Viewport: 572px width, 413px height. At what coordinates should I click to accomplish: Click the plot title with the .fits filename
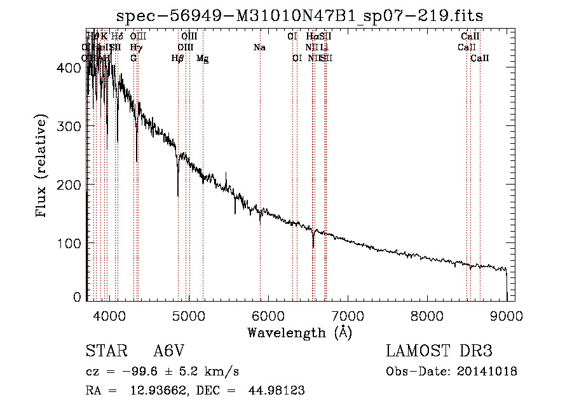point(304,16)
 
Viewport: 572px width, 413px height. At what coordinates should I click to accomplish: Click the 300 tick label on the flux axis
point(72,126)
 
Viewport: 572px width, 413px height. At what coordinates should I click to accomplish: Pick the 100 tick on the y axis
point(72,244)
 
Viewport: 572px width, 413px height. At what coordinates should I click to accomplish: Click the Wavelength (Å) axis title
point(299,332)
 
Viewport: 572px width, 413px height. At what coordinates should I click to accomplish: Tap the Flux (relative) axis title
point(43,166)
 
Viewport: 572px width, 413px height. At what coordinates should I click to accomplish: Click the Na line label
point(259,47)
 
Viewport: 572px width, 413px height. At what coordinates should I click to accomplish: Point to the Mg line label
point(202,59)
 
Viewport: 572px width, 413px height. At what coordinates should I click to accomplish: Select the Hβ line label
point(178,59)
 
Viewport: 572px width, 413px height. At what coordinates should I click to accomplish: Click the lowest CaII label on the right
point(480,59)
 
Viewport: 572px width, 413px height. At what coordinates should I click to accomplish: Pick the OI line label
point(297,59)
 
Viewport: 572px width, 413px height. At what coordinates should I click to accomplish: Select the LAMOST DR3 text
point(439,351)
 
